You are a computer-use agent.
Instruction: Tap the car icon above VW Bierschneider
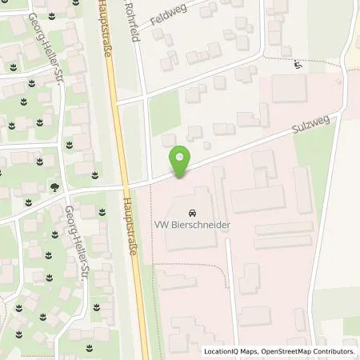point(192,214)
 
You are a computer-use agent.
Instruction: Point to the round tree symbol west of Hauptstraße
point(54,186)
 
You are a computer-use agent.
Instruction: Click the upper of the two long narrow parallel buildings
point(283,228)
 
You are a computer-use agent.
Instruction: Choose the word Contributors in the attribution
point(334,351)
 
